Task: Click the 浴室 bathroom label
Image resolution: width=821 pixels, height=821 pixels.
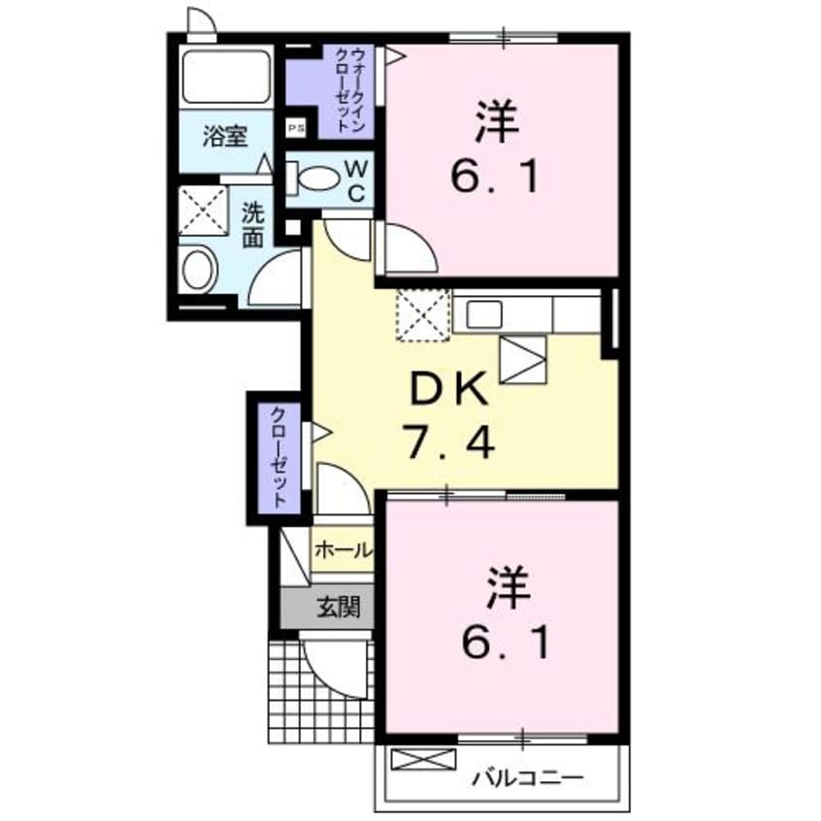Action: tap(224, 136)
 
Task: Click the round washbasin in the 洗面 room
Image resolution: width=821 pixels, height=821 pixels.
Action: tap(199, 270)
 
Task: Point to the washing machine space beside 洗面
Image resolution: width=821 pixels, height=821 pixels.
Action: tap(202, 211)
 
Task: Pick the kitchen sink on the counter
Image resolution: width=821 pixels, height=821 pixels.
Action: tap(483, 314)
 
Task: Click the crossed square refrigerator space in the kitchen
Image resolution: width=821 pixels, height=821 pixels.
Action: tap(422, 315)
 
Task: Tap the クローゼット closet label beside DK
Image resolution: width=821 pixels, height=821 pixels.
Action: tap(279, 455)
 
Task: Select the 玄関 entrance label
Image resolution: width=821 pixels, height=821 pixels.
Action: tap(337, 608)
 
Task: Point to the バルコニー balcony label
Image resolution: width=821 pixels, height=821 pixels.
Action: tap(530, 777)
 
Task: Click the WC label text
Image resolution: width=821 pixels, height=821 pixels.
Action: tap(356, 181)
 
